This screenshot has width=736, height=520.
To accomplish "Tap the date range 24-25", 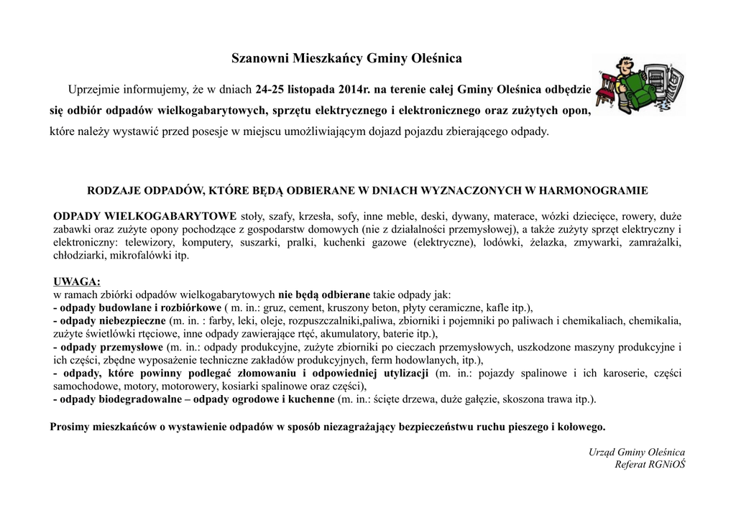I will point(270,90).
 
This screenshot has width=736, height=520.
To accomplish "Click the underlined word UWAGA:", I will point(77,281).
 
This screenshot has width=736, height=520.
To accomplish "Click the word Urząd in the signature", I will point(602,452).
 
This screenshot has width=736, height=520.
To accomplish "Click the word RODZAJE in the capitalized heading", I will point(114,190).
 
